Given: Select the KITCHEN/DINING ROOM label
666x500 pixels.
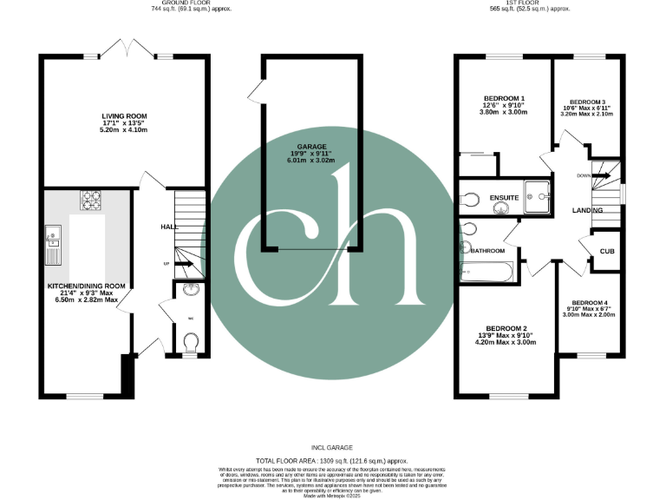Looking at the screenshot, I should [86, 286].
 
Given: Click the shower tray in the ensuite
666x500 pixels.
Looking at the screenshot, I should [543, 196].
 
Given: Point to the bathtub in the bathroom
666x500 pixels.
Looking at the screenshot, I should [488, 273].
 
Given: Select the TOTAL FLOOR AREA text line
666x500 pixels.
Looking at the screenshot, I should [332, 460].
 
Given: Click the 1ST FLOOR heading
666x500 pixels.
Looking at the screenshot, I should [529, 8].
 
